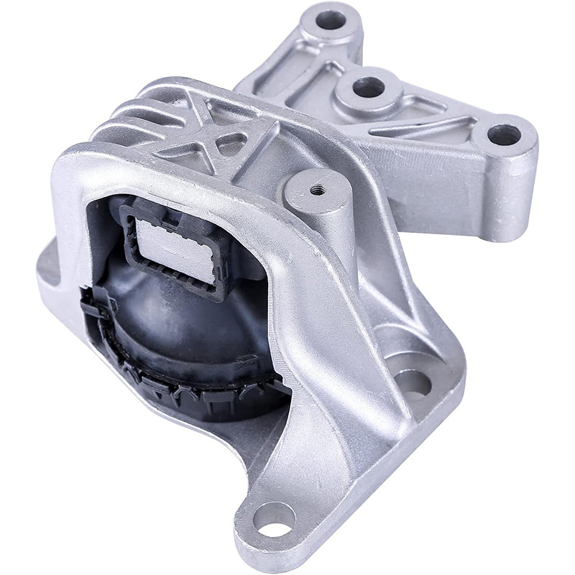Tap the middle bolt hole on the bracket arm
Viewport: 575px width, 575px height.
pos(369,88)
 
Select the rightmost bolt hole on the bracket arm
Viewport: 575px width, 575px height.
pos(504,134)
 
